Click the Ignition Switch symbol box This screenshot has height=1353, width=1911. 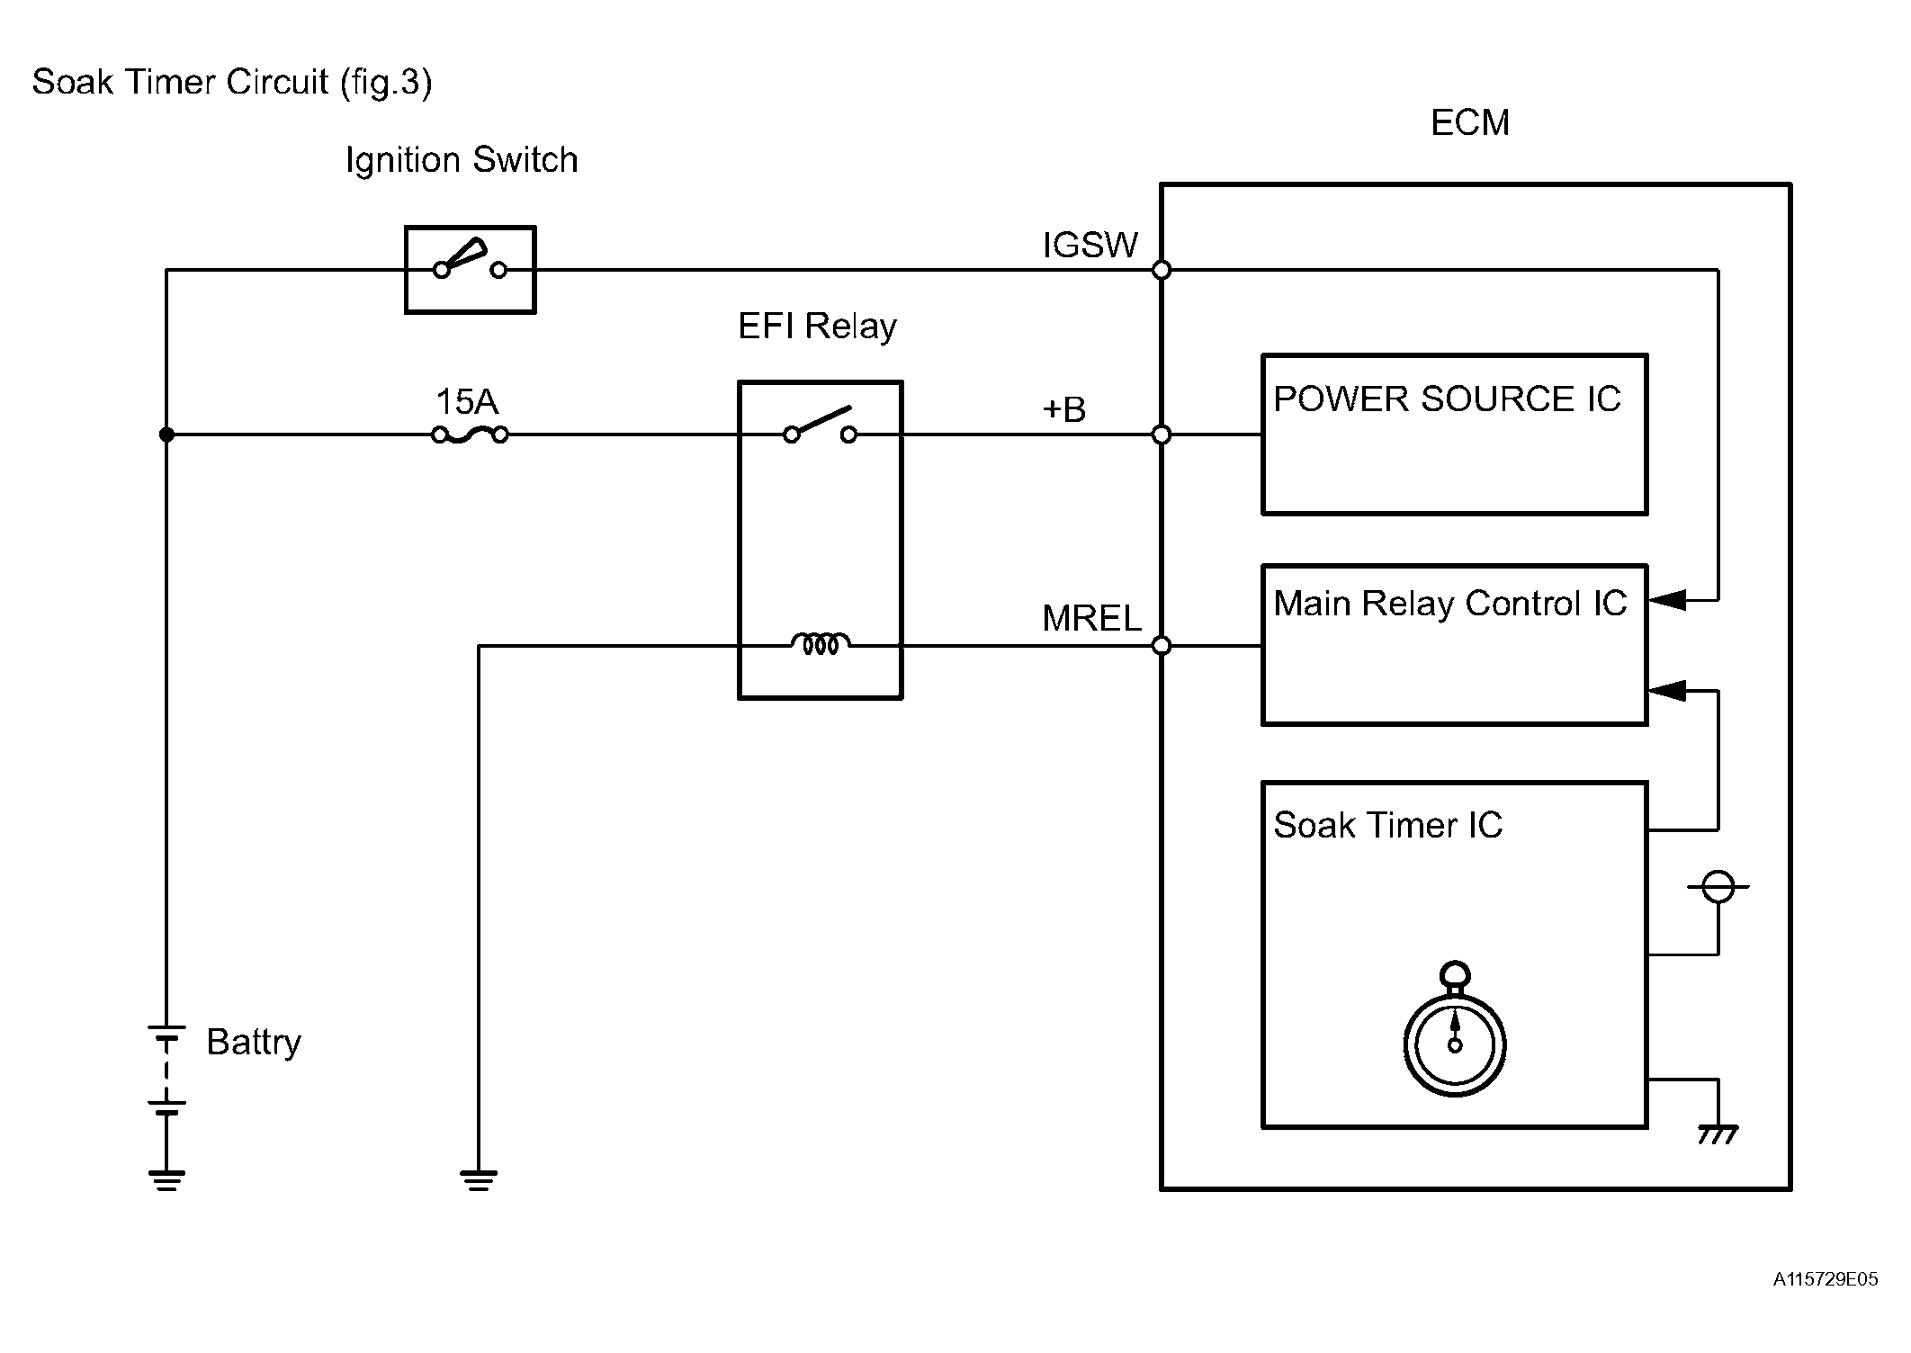[x=470, y=269]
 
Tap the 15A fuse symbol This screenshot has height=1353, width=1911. [x=470, y=435]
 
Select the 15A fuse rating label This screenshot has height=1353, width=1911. [x=466, y=401]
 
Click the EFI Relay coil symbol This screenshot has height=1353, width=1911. [x=820, y=644]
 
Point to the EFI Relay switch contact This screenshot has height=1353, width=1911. [x=820, y=426]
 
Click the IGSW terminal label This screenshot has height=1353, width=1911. [x=1090, y=245]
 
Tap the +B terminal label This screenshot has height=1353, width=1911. [x=1063, y=409]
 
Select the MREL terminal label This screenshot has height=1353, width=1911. [x=1090, y=618]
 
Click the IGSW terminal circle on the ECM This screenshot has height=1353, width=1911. [x=1162, y=270]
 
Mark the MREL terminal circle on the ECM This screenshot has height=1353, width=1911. [x=1162, y=645]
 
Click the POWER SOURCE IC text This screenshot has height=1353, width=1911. [x=1446, y=399]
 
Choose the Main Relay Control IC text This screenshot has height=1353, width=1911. [x=1449, y=603]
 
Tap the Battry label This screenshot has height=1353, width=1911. [x=253, y=1042]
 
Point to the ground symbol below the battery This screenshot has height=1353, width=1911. [x=166, y=1179]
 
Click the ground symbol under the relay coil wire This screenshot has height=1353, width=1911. [x=478, y=1179]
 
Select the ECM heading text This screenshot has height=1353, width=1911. [x=1469, y=122]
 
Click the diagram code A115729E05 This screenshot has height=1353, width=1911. [x=1825, y=1279]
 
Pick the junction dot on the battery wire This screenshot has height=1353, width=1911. [x=166, y=435]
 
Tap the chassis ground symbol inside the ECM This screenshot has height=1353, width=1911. [x=1718, y=1135]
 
